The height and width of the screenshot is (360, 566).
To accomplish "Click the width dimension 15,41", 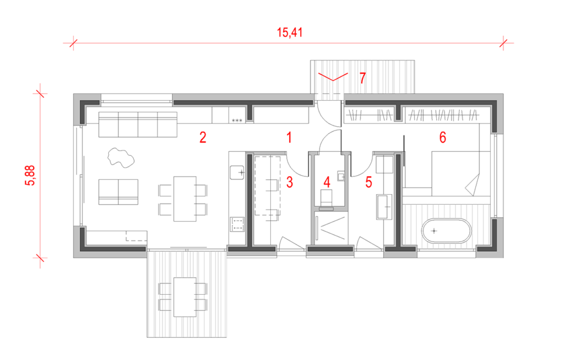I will pyautogui.click(x=290, y=33).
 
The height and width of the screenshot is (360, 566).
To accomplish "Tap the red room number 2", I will pyautogui.click(x=203, y=137).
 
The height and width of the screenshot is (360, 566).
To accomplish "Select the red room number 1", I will pyautogui.click(x=289, y=137).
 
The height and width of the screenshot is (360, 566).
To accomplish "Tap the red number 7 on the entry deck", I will pyautogui.click(x=363, y=78).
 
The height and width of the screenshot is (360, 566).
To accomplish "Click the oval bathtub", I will pyautogui.click(x=446, y=231).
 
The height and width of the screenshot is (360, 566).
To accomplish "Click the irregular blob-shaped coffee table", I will pyautogui.click(x=120, y=157).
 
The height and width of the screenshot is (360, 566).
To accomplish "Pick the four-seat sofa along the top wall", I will pyautogui.click(x=138, y=124).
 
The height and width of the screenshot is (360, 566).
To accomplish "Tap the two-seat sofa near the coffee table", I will pyautogui.click(x=118, y=191).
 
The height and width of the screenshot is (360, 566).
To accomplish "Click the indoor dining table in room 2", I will pyautogui.click(x=184, y=198).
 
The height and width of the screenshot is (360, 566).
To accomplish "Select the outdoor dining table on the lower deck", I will pyautogui.click(x=184, y=296).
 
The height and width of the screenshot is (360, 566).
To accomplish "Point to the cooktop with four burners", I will pyautogui.click(x=238, y=224).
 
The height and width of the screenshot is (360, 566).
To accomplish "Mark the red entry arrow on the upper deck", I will pyautogui.click(x=333, y=77).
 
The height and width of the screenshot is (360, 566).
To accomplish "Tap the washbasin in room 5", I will pyautogui.click(x=385, y=205).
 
